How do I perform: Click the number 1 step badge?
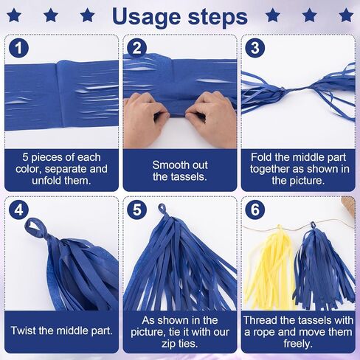(18, 48)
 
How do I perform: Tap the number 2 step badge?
(136, 48)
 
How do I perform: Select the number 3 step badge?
(255, 48)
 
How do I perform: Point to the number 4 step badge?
(18, 210)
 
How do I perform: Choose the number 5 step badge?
(136, 210)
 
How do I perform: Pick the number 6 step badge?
(255, 210)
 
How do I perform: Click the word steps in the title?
(218, 18)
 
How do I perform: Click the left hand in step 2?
(145, 118)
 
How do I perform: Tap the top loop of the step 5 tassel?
(163, 210)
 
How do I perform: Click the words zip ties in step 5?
(179, 344)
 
